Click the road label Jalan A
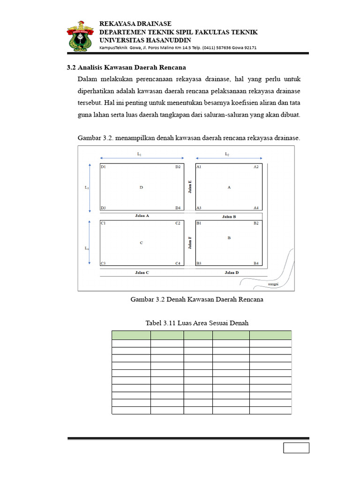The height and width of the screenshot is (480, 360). pyautogui.click(x=142, y=216)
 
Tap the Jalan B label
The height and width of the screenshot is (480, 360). pyautogui.click(x=229, y=217)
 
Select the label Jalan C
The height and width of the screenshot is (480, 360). pyautogui.click(x=142, y=272)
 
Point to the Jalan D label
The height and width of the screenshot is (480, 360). pyautogui.click(x=232, y=272)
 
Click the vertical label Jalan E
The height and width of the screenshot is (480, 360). pyautogui.click(x=190, y=187)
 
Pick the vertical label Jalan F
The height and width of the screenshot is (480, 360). pyautogui.click(x=190, y=243)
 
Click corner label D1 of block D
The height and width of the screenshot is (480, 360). pyautogui.click(x=103, y=167)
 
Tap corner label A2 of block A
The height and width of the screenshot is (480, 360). pyautogui.click(x=256, y=167)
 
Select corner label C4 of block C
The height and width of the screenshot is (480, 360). pyautogui.click(x=178, y=263)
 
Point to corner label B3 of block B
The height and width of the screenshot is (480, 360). pyautogui.click(x=199, y=263)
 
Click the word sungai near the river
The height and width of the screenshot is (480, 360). pyautogui.click(x=273, y=284)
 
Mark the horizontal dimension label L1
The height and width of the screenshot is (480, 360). pyautogui.click(x=139, y=154)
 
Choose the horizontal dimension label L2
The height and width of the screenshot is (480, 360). pyautogui.click(x=227, y=154)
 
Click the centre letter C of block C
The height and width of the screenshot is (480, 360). pyautogui.click(x=141, y=243)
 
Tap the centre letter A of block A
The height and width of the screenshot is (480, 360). pyautogui.click(x=229, y=187)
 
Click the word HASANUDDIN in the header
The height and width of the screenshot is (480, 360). pyautogui.click(x=163, y=40)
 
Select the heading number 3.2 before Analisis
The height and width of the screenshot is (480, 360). pyautogui.click(x=71, y=67)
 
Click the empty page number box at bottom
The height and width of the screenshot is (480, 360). pyautogui.click(x=296, y=448)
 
